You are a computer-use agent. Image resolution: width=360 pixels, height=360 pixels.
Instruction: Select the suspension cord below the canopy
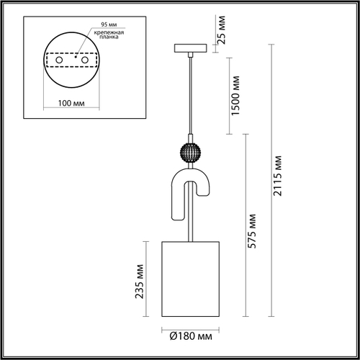tap(190, 94)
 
